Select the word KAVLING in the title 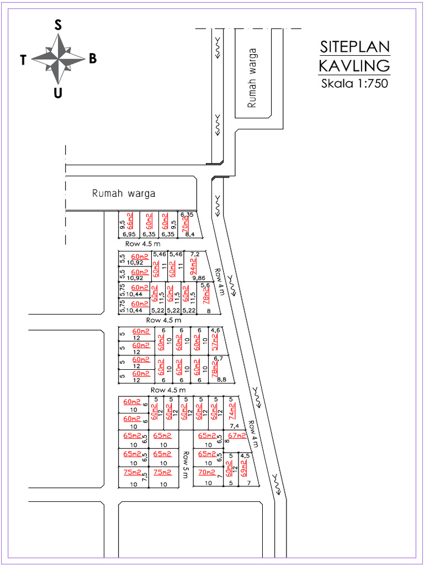pyautogui.click(x=354, y=66)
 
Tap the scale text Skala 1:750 pyautogui.click(x=354, y=84)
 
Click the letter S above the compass pyautogui.click(x=57, y=24)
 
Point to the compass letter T pyautogui.click(x=23, y=60)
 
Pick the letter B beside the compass pyautogui.click(x=93, y=59)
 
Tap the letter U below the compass pyautogui.click(x=57, y=93)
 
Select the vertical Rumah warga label pyautogui.click(x=253, y=78)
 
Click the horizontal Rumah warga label pyautogui.click(x=124, y=193)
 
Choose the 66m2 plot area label pyautogui.click(x=130, y=221)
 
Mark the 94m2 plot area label pyautogui.click(x=194, y=266)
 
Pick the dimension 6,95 pyautogui.click(x=129, y=234)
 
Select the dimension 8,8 pyautogui.click(x=221, y=379)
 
